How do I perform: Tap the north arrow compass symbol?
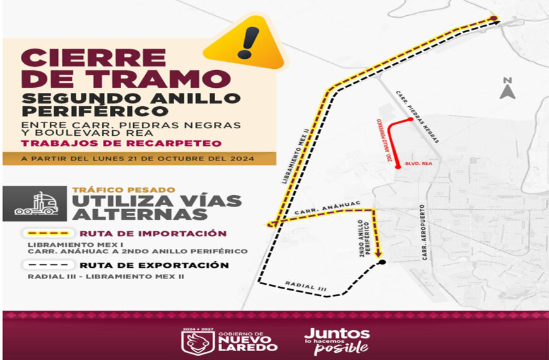507,90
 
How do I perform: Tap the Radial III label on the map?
305,286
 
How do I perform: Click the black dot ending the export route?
381,261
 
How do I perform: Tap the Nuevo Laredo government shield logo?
193,342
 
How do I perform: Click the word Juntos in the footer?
336,333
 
